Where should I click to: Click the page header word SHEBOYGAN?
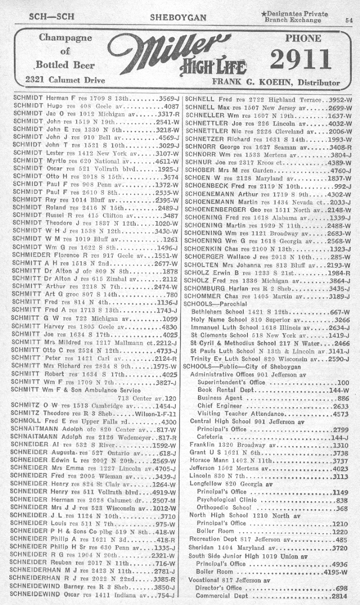tap(178, 17)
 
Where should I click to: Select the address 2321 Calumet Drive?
tap(65, 80)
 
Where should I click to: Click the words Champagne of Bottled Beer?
tap(65, 52)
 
